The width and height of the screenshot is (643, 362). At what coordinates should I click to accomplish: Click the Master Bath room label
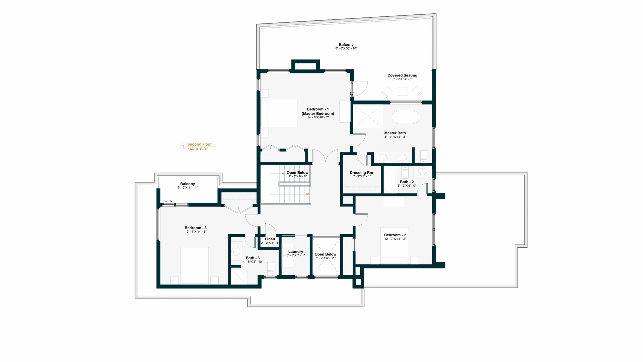point(395,133)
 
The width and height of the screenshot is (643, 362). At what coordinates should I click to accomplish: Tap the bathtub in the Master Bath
point(405,117)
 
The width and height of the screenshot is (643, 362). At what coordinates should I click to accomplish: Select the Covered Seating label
point(402,75)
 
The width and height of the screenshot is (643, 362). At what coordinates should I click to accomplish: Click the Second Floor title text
point(199,144)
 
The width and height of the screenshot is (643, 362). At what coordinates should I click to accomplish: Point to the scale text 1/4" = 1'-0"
point(198,149)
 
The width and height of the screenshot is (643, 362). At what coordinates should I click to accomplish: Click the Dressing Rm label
point(361,173)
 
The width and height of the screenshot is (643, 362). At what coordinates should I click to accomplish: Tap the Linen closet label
point(270,239)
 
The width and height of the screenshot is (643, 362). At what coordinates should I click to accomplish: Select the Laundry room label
point(296,252)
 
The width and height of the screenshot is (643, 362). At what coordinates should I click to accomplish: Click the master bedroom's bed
point(280,113)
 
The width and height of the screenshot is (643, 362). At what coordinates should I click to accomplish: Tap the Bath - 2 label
point(407,182)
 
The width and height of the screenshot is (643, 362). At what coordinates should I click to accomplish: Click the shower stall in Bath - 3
point(239,276)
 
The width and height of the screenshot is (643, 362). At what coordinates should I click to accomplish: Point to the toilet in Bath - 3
point(271,267)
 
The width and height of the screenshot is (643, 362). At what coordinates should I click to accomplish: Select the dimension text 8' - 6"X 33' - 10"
point(346,49)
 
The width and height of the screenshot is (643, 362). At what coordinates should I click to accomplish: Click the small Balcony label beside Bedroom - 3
point(188,184)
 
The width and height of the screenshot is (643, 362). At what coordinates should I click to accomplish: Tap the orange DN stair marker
point(307,194)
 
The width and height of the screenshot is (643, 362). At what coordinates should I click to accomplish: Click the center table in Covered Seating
point(402,91)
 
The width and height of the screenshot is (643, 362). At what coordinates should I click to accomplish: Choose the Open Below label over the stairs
point(297,173)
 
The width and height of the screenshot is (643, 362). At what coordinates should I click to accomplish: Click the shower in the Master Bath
point(368,116)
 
